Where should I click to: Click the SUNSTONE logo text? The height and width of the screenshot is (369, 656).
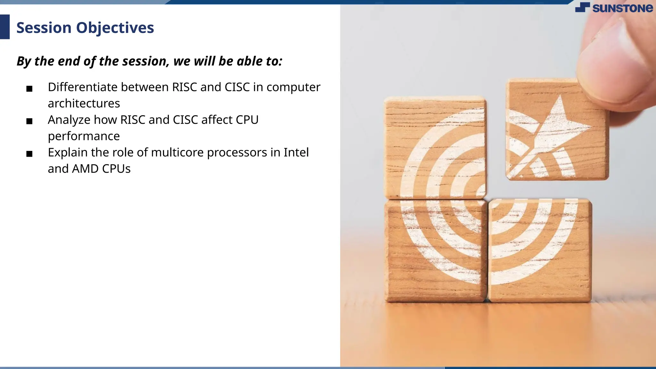[x=622, y=8]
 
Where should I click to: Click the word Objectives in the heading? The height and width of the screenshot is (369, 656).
[x=115, y=28]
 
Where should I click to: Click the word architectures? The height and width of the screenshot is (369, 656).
[x=84, y=103]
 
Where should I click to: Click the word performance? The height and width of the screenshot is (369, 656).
[x=84, y=136]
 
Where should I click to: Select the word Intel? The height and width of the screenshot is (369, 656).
[x=296, y=152]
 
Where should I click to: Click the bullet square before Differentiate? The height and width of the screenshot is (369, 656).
[x=29, y=89]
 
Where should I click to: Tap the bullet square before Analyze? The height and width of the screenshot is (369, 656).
[x=29, y=121]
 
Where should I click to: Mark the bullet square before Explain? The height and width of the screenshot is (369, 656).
[x=29, y=154]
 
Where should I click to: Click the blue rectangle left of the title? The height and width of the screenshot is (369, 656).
[x=5, y=27]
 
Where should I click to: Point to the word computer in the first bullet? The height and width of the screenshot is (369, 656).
[x=293, y=87]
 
